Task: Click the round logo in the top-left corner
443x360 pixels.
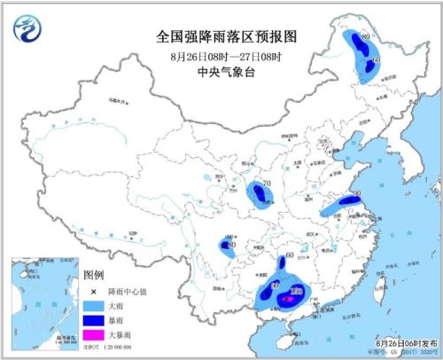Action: (28, 28)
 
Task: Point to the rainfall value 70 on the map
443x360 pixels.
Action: (266, 185)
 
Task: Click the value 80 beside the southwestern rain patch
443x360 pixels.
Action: (231, 245)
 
